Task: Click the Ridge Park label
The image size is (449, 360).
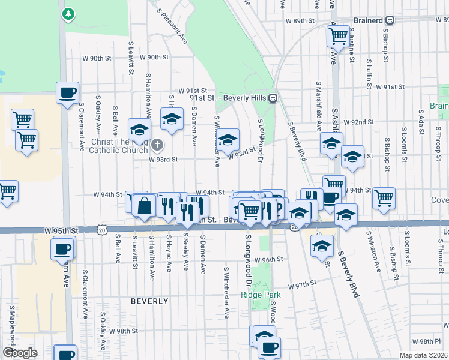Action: pyautogui.click(x=261, y=294)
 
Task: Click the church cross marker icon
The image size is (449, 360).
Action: pyautogui.click(x=157, y=144)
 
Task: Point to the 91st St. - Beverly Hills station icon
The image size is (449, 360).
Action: pyautogui.click(x=273, y=98)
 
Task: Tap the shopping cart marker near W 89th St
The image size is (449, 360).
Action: pyautogui.click(x=338, y=36)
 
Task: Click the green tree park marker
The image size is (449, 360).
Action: pyautogui.click(x=69, y=13)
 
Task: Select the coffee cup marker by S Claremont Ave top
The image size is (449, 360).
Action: pyautogui.click(x=67, y=93)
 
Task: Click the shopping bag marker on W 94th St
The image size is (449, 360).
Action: pyautogui.click(x=145, y=206)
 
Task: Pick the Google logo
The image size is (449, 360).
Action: pyautogui.click(x=20, y=353)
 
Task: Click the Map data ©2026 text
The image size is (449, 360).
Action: pyautogui.click(x=423, y=355)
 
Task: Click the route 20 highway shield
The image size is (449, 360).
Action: pyautogui.click(x=103, y=230)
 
